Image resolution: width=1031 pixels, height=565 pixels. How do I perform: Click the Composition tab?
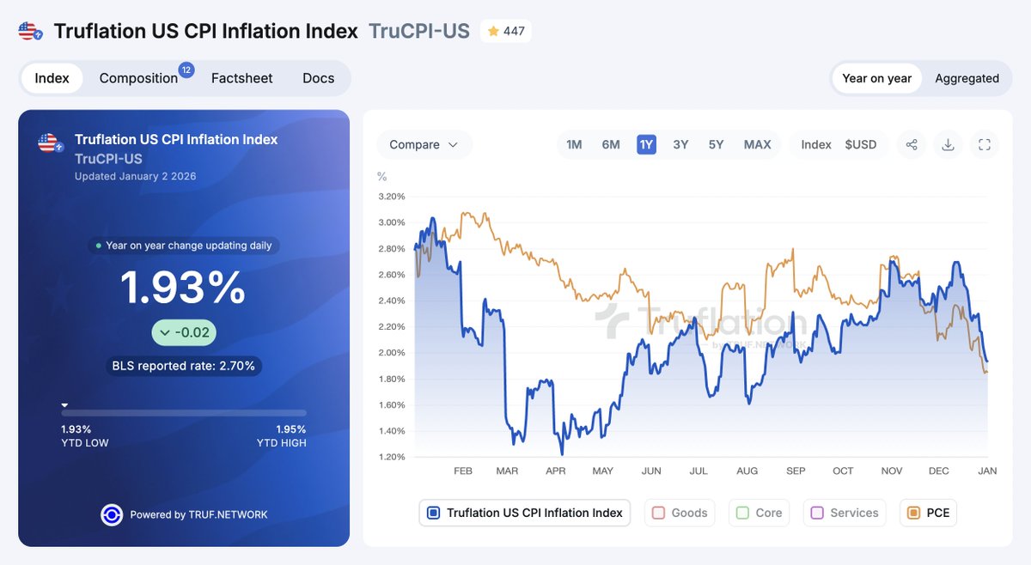[139, 78]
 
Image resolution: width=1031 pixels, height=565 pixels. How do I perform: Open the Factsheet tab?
[241, 78]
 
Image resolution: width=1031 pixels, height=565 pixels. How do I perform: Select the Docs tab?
[318, 78]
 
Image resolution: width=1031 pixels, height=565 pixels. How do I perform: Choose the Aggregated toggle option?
[967, 78]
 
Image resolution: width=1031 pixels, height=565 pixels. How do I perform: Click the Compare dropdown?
[424, 144]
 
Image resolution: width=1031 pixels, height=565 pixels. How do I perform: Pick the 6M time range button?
[611, 144]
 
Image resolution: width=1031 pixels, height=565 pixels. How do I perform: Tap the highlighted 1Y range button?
[646, 144]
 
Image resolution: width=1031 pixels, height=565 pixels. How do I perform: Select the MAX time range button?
[757, 144]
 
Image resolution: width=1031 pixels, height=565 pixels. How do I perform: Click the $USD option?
[860, 144]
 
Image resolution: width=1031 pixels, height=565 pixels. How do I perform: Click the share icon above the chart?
[912, 144]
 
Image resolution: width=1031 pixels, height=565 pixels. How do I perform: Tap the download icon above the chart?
[948, 144]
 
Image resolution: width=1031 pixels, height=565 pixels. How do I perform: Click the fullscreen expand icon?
[985, 144]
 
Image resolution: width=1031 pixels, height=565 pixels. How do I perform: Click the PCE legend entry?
[928, 513]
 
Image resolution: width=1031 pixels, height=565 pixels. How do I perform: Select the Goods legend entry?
[680, 513]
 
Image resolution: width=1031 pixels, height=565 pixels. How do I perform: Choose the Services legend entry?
[845, 513]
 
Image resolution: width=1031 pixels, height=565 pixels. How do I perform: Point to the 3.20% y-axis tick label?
[391, 197]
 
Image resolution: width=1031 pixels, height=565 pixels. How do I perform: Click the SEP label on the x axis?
[796, 471]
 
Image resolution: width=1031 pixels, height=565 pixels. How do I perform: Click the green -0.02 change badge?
[184, 333]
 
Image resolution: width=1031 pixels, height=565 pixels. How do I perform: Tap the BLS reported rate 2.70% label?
[184, 366]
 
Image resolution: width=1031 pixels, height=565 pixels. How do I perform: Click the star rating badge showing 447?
[505, 32]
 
